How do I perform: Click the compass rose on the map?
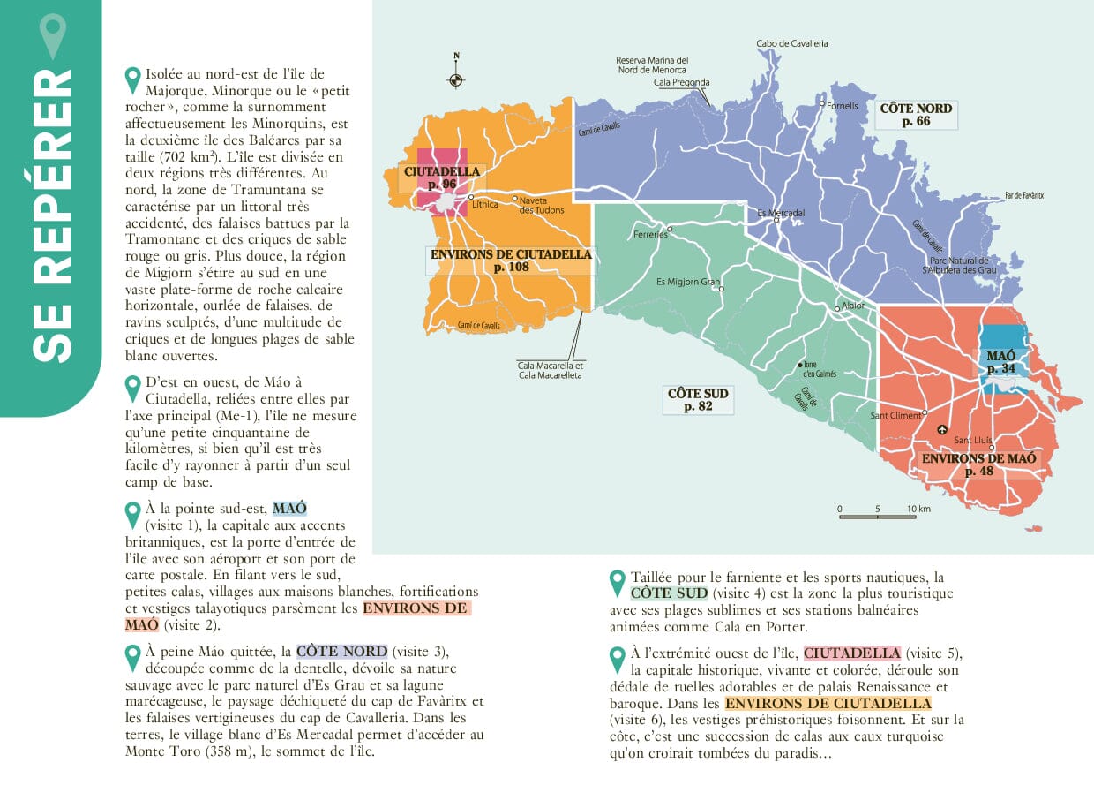(456, 79)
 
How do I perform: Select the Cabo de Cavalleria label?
(791, 43)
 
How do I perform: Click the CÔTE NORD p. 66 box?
(916, 115)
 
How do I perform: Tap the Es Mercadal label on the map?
(782, 214)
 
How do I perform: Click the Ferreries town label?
(651, 235)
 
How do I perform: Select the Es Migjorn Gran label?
(688, 283)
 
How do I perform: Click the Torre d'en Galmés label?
(819, 369)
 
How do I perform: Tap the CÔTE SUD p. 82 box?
(698, 400)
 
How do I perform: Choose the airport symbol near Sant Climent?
(941, 430)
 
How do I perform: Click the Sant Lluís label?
(973, 440)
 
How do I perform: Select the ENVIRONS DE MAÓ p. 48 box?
(978, 464)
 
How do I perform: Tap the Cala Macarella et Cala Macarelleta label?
(551, 370)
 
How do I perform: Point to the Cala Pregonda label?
(681, 83)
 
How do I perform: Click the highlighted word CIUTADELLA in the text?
(852, 653)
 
